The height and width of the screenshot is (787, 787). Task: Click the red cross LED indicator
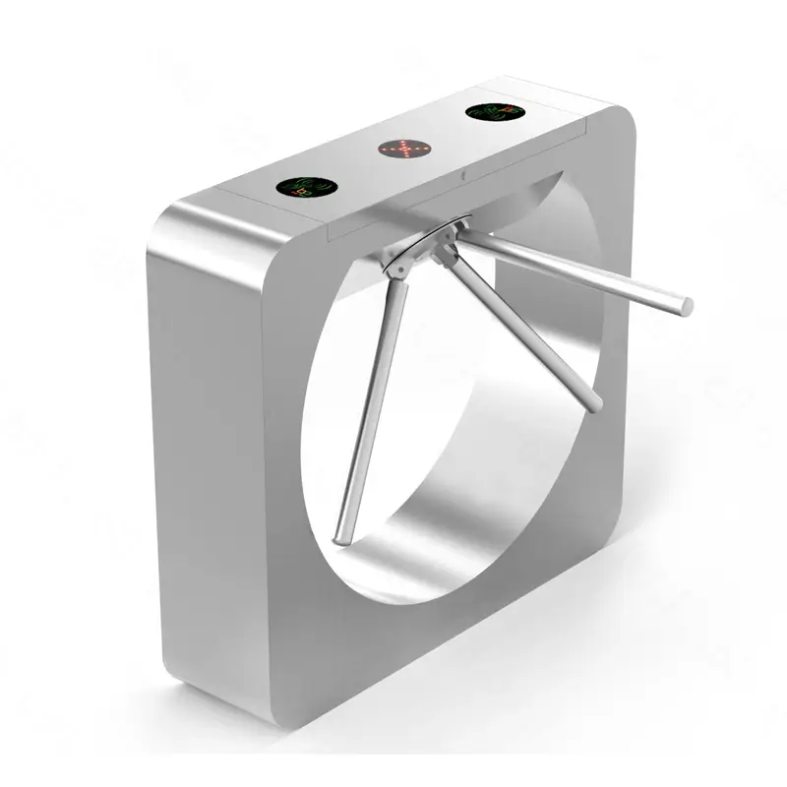(405, 150)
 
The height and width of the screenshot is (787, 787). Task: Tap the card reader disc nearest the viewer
(303, 185)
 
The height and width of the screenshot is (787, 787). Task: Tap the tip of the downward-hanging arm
(338, 537)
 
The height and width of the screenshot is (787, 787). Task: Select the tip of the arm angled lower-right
(594, 402)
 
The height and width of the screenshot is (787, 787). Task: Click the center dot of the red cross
(405, 150)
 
